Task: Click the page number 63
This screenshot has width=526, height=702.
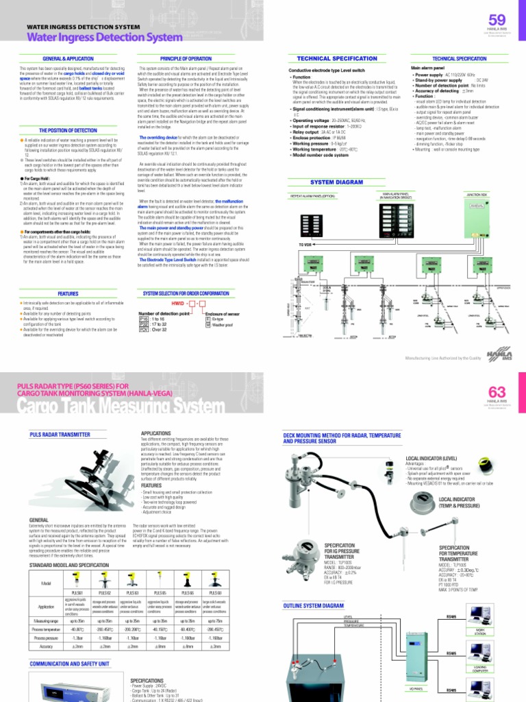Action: click(497, 391)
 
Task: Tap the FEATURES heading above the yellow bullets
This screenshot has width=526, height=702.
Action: click(68, 293)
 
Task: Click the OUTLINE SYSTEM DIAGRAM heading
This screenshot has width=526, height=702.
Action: click(314, 606)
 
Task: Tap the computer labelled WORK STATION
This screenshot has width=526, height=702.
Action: click(480, 621)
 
